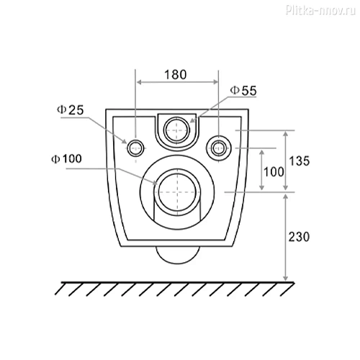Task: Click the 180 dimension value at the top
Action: pyautogui.click(x=176, y=73)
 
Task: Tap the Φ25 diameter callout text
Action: pyautogui.click(x=71, y=109)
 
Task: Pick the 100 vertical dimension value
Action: pyautogui.click(x=272, y=171)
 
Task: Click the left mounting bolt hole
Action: pyautogui.click(x=135, y=148)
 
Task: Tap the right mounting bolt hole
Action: pyautogui.click(x=218, y=148)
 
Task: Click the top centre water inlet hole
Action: pyautogui.click(x=176, y=130)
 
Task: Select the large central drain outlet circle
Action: pyautogui.click(x=176, y=192)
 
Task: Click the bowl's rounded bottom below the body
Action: pyautogui.click(x=176, y=255)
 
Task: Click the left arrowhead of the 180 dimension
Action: pyautogui.click(x=139, y=83)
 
